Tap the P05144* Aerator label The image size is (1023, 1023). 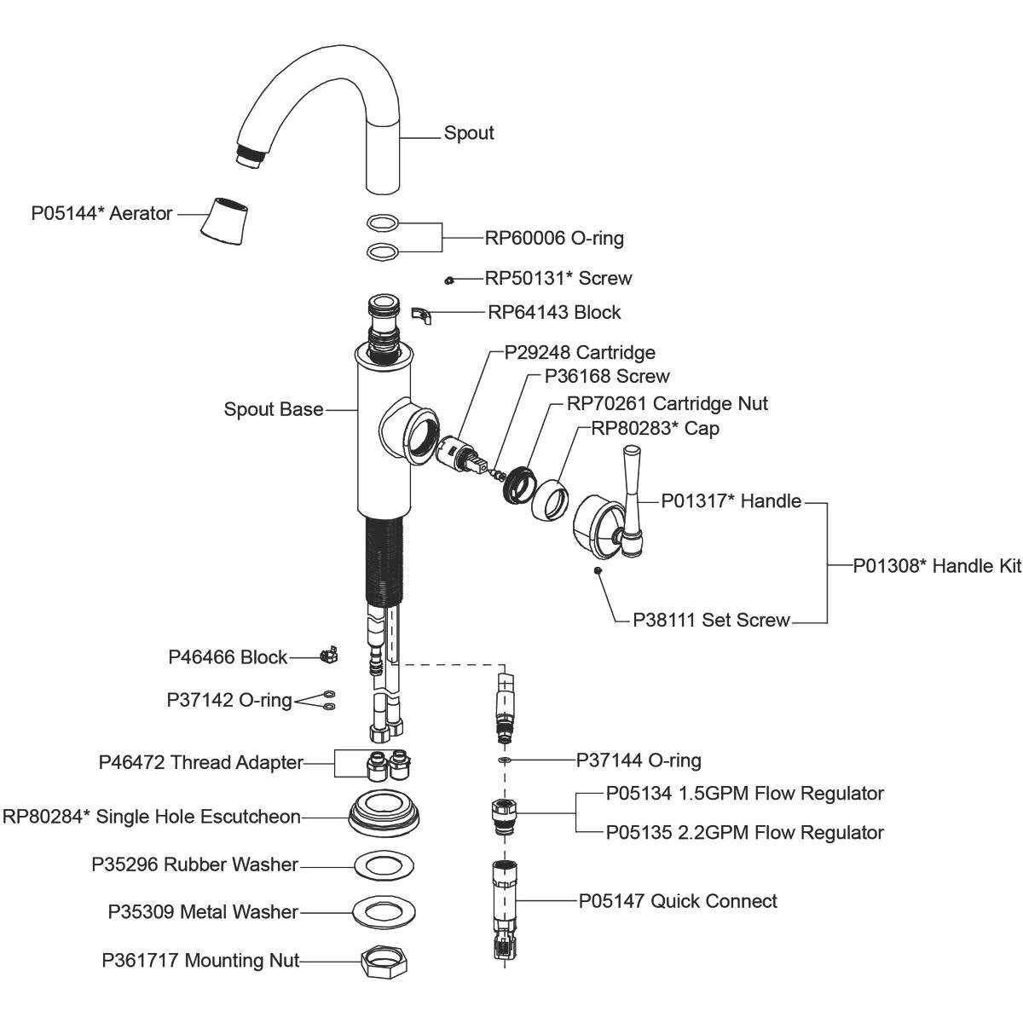101,213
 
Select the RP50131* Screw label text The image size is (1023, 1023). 558,279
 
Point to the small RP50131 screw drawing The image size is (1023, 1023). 448,280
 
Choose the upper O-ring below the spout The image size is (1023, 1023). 382,223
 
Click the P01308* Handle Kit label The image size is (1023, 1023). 937,566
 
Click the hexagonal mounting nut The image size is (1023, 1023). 382,962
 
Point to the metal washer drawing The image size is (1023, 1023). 382,911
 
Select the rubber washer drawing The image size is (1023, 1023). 384,865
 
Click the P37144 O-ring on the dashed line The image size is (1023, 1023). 504,758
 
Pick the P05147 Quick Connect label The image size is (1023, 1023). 678,901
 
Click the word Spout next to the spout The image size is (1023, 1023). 469,134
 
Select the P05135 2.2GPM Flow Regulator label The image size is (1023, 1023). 744,832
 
